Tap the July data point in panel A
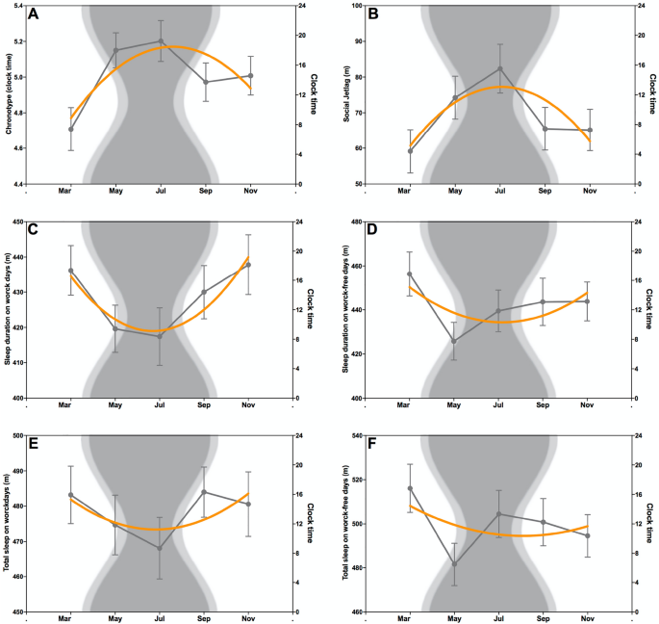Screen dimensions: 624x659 [161, 41]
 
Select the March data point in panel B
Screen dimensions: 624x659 [410, 150]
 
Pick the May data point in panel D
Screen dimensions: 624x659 [454, 341]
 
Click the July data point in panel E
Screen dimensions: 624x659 [160, 548]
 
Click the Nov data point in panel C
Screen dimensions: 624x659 [248, 265]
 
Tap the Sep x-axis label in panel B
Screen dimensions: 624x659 [544, 192]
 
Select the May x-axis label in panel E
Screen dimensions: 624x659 [115, 619]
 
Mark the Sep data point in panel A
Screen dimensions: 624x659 [205, 82]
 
